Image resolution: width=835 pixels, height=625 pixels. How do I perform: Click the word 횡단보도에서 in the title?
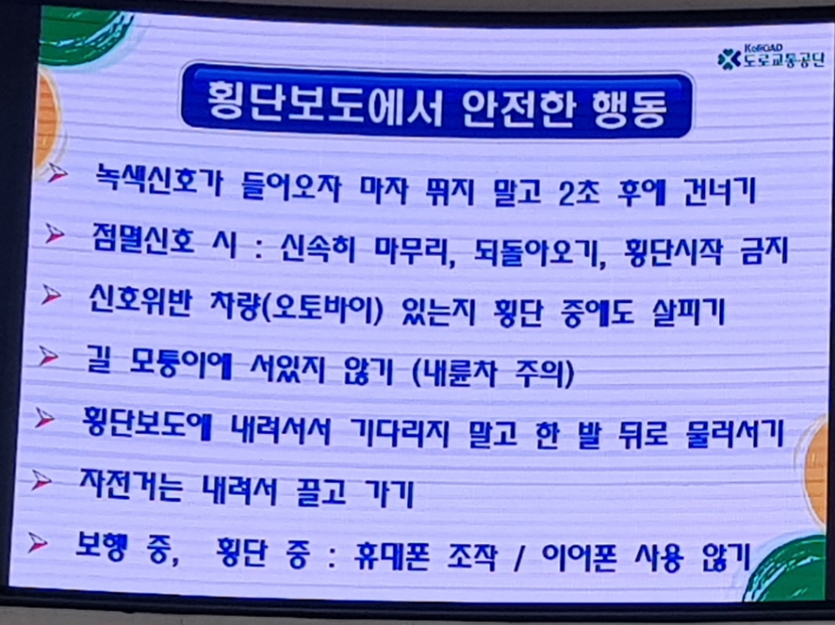pos(325,103)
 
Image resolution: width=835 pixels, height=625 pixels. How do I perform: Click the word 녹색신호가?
pos(158,180)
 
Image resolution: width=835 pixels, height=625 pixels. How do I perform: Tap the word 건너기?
pos(720,191)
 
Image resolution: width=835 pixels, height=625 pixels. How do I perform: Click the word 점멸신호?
pos(143,240)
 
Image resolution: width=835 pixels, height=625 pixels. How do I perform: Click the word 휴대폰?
pos(392,557)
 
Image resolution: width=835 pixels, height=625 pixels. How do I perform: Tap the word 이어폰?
pos(579,557)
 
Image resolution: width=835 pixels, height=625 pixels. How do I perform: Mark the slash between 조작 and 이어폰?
pos(518,559)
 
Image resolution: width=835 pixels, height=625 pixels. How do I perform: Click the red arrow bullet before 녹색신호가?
pos(57,172)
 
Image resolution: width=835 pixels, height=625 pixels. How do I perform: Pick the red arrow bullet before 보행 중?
pos(38,543)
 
